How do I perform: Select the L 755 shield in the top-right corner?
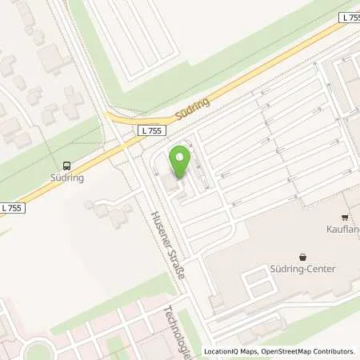[x=349, y=17]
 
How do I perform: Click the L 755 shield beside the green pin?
[x=149, y=130]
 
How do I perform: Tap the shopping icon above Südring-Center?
[x=302, y=257]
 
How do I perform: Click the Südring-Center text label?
[x=302, y=269]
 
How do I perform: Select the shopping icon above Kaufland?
[x=345, y=217]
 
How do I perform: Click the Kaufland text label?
[x=345, y=229]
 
